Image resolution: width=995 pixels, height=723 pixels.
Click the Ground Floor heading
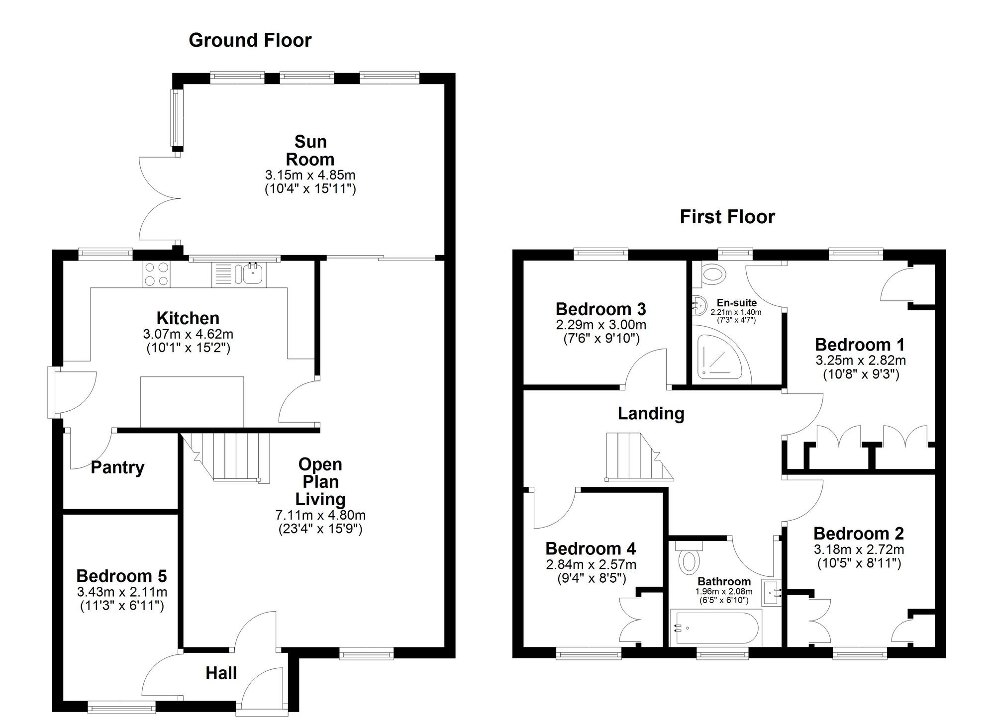click(250, 40)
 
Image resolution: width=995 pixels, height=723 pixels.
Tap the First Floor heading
click(727, 217)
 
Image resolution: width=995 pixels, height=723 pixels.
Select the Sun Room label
click(310, 151)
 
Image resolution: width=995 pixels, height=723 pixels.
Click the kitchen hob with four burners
click(156, 274)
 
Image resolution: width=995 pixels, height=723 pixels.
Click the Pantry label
click(117, 467)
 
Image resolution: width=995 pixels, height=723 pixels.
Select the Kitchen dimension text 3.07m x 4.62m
click(188, 334)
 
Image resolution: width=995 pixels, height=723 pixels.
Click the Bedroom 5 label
click(121, 576)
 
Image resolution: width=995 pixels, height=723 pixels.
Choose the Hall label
click(221, 673)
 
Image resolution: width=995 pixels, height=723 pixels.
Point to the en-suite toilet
click(713, 274)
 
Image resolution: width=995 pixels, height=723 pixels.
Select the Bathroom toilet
click(689, 559)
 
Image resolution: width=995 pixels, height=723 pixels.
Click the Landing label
click(651, 413)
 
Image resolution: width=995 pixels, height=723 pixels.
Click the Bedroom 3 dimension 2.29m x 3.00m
click(601, 325)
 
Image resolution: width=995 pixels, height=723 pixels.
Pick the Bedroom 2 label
click(858, 534)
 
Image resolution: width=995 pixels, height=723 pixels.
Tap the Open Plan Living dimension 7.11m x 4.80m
click(320, 515)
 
